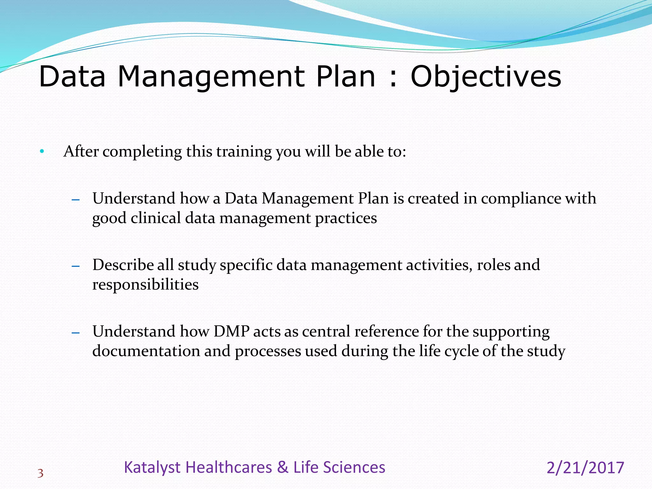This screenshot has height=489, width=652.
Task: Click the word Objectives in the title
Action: click(486, 77)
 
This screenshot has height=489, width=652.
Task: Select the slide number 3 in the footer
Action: click(40, 474)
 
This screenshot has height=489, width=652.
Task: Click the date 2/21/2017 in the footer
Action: click(585, 468)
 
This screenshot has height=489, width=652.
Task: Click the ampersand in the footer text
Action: click(282, 467)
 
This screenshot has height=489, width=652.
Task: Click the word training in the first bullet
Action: click(244, 152)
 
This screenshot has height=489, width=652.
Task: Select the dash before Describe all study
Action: click(75, 266)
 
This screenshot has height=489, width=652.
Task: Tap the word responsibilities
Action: click(145, 285)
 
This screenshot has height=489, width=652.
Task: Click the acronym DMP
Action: click(231, 331)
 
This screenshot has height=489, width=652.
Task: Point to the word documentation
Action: click(146, 351)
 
